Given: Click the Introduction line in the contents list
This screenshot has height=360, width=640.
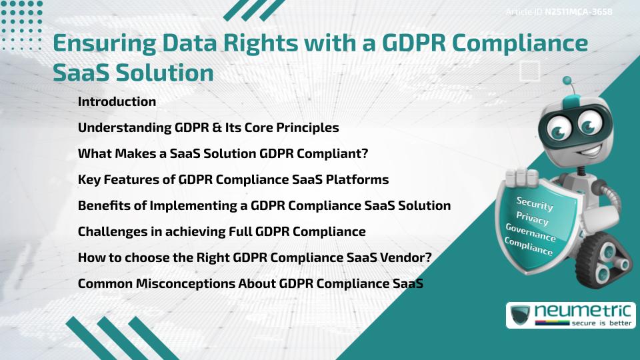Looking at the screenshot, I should coord(117,102).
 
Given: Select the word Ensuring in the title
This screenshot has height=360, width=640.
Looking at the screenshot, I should coord(99,43).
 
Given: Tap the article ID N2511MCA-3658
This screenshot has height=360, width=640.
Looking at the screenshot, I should coord(578,11).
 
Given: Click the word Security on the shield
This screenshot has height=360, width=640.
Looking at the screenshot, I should coord(535,205).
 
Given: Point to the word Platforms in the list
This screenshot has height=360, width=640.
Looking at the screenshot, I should coord(361,179).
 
